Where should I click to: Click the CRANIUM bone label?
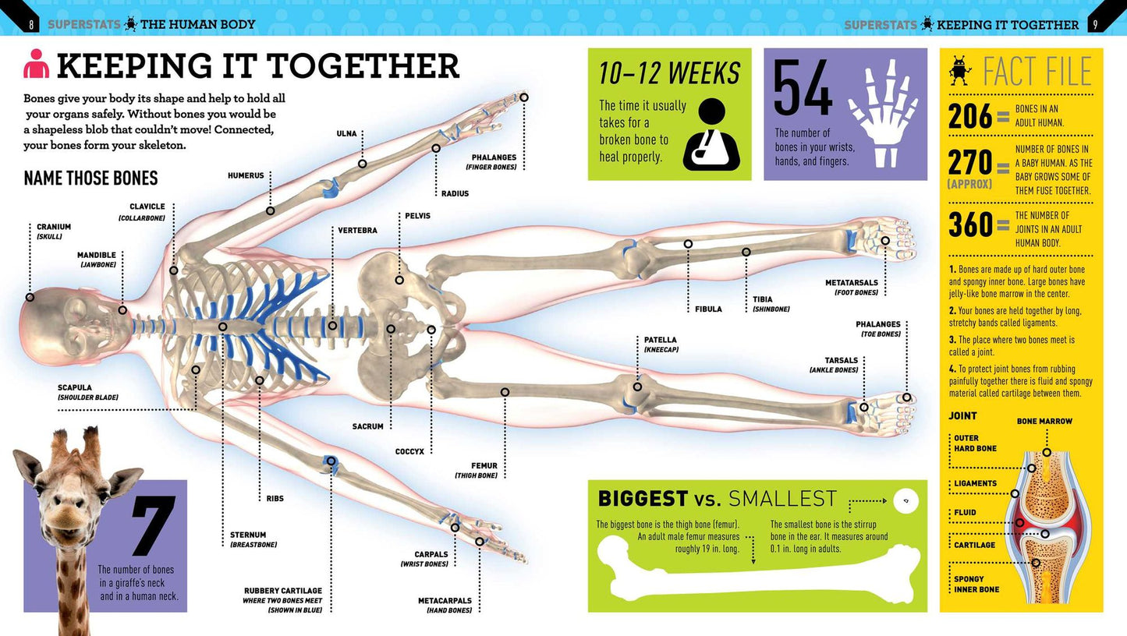(54, 227)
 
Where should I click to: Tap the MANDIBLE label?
(97, 256)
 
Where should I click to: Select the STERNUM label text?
(248, 535)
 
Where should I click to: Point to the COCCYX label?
(409, 451)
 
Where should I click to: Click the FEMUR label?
(484, 465)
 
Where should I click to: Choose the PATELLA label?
(661, 340)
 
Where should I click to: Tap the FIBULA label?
(708, 309)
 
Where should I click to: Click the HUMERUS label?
(246, 175)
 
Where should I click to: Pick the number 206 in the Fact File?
(969, 117)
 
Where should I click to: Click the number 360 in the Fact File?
(970, 224)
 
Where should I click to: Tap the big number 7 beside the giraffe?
(154, 525)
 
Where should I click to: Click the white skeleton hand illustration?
(884, 114)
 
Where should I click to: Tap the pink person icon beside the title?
(36, 63)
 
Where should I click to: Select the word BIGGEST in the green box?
(643, 499)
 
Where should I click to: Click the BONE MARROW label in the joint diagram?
(1044, 422)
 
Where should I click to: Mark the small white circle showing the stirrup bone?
(906, 500)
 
